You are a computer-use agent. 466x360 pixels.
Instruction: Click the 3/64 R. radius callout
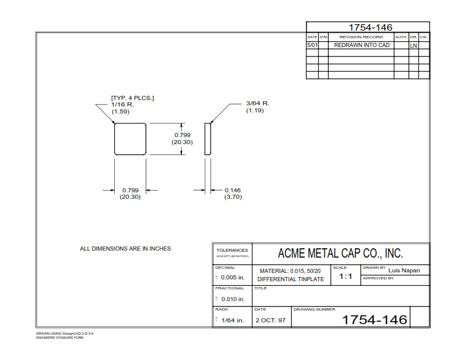258,104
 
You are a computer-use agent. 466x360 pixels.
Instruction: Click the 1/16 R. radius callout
122,104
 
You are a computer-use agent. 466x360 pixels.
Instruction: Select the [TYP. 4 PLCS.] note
132,98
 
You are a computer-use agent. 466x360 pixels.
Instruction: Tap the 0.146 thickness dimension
232,190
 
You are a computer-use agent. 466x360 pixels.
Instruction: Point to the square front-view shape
130,139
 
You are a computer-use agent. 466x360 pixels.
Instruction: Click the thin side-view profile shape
207,139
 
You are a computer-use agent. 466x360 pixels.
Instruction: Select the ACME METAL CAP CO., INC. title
340,254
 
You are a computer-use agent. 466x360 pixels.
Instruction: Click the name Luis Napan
405,271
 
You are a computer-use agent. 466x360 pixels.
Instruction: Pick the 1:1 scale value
345,276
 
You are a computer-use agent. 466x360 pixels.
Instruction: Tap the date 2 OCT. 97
271,321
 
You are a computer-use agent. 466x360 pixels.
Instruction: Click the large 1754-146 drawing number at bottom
374,319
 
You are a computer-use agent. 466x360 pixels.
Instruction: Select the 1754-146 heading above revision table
370,27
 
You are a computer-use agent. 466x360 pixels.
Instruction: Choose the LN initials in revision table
414,45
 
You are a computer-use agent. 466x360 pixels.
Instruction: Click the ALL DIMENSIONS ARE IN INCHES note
125,249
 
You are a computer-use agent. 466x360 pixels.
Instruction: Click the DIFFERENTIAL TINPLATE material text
291,279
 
